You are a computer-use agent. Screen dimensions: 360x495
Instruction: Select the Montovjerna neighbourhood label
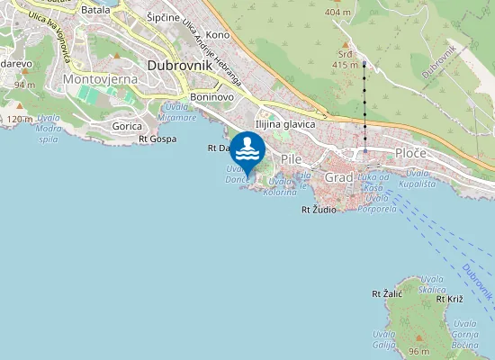(99, 80)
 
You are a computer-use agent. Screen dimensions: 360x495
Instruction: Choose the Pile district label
(292, 158)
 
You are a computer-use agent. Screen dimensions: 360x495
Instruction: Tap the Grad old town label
(339, 177)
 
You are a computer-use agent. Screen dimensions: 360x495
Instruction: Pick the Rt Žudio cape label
(319, 210)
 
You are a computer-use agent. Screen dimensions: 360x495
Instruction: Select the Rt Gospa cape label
(157, 139)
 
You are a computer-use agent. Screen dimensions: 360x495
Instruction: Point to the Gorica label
(127, 127)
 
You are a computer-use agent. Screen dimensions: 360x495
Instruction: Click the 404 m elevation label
(337, 13)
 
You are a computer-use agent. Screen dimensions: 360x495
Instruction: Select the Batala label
(96, 10)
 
